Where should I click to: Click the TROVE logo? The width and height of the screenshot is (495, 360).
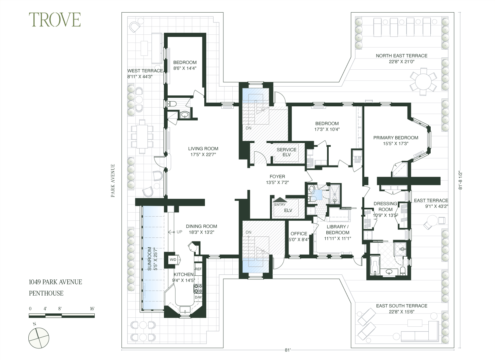pos(55,20)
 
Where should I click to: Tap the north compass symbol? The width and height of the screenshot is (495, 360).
pos(39,338)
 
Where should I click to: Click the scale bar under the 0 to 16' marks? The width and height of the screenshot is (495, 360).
pos(62,316)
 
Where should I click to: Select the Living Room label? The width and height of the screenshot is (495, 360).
pos(203,152)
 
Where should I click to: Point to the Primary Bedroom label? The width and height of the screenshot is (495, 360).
pos(396,140)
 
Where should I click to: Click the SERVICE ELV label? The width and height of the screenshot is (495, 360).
pos(286,152)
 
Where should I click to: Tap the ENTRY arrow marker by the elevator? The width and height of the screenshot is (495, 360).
pos(280,200)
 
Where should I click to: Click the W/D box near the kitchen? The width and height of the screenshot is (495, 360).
pos(173,260)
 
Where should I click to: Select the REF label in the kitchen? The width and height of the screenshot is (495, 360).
pos(198,269)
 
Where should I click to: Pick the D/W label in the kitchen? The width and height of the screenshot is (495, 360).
pos(198,297)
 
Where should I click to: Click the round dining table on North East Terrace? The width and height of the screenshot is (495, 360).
pos(423,81)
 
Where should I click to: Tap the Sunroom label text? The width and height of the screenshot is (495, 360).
pos(152,259)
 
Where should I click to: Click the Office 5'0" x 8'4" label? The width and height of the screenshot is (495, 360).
pos(299,236)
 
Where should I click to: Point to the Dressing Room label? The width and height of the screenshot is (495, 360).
pos(385,209)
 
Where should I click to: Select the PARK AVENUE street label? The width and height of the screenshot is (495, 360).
pos(113,181)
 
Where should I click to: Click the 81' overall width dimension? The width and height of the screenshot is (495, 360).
pos(288,350)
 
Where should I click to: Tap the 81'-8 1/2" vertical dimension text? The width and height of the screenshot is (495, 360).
pos(461,180)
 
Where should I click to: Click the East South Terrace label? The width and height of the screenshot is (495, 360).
pos(402,308)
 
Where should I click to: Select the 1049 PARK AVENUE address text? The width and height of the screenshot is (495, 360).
pos(55,282)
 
